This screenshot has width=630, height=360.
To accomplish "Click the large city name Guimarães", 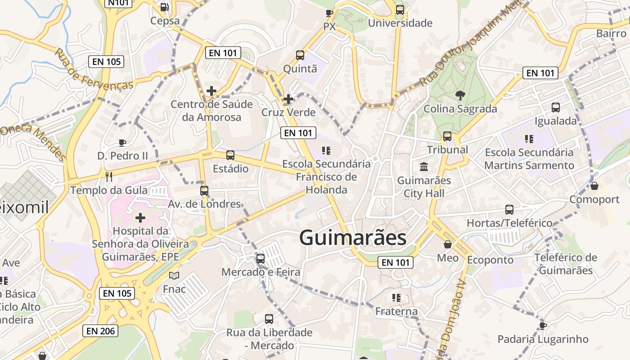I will tap(353, 238).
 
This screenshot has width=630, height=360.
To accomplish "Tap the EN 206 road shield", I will tap(101, 331).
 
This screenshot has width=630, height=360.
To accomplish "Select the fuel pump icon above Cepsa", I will tap(165, 7).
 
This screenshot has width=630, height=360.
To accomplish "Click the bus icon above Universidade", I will tap(400, 10).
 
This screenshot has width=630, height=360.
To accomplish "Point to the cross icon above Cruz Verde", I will tap(288, 99).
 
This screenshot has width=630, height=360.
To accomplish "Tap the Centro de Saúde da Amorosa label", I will tap(211, 111).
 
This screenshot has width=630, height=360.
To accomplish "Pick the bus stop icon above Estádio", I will tap(230, 155).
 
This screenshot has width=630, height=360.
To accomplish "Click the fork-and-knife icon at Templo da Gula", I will tap(108, 176).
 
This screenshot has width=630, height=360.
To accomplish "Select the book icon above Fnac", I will tap(174, 275).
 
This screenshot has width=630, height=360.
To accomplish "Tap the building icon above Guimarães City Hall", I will tap(423, 167).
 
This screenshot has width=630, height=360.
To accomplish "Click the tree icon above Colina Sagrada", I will tap(460, 95).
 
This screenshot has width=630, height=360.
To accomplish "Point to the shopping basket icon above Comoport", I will tap(594, 185).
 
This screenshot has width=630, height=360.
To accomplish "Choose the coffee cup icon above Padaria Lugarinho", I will tap(543, 325).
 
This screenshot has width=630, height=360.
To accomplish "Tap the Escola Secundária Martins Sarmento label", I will tap(529, 159).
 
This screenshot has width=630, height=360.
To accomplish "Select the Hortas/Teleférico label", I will tap(509, 223).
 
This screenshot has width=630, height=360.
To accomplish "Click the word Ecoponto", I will tap(490, 260).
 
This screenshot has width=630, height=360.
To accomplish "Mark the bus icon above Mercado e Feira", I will tap(261, 259).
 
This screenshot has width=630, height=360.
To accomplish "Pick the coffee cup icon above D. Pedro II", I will tap(122, 143).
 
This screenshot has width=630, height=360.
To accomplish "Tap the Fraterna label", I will tap(396, 311).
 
